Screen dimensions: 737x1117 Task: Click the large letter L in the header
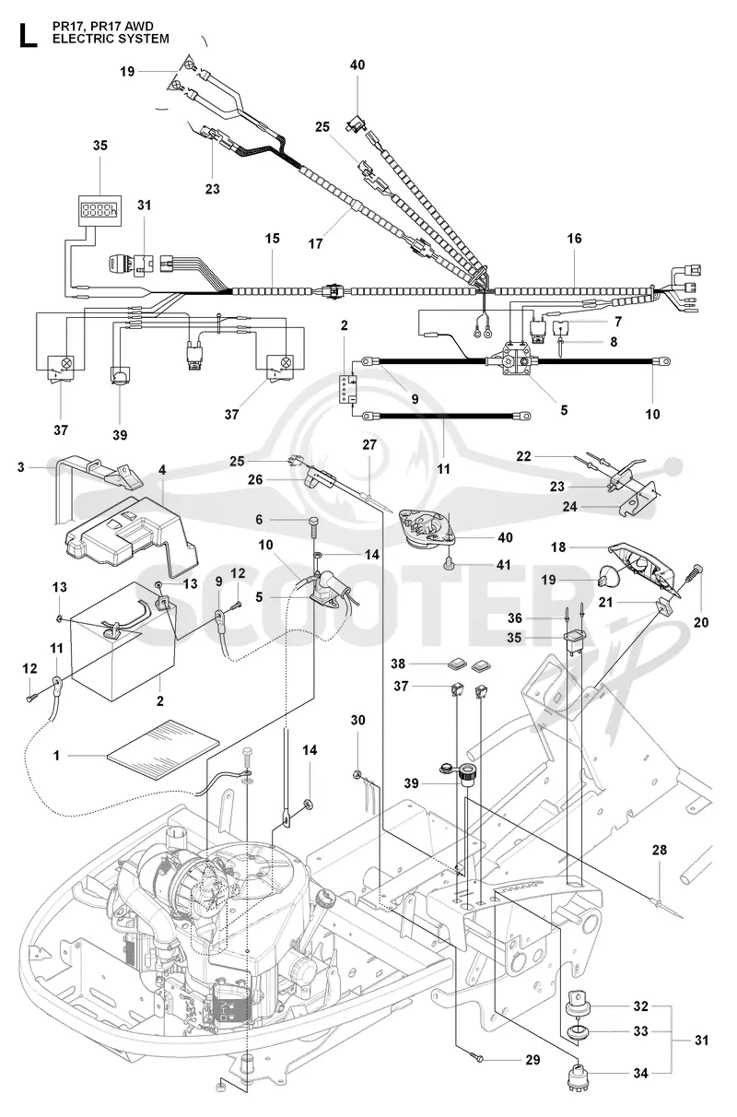click(x=28, y=36)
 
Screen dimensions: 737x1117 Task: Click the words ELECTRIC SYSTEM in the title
click(x=111, y=39)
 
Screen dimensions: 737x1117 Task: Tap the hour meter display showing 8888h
click(x=100, y=211)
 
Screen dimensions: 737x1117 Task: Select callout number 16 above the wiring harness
click(x=574, y=239)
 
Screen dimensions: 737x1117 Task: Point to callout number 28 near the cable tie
click(x=660, y=850)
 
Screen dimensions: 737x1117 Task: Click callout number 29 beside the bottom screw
click(x=532, y=1060)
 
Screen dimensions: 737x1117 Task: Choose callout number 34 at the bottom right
click(x=641, y=1073)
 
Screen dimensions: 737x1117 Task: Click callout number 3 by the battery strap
click(x=21, y=468)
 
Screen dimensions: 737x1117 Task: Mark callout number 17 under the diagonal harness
click(x=315, y=244)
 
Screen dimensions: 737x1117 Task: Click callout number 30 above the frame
click(x=358, y=720)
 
